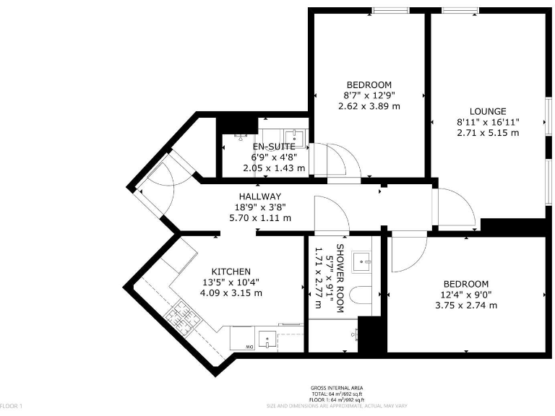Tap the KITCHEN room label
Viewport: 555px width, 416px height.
coord(231,271)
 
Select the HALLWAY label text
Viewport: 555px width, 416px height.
coord(259,196)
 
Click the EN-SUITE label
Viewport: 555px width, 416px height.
coord(272,147)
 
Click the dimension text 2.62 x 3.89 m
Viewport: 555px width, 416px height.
coord(369,105)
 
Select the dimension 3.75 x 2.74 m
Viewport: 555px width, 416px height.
coord(465,305)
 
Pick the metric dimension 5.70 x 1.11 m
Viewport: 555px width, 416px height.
coord(259,217)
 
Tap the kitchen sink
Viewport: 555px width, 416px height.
coord(267,339)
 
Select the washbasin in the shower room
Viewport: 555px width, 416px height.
coord(361,259)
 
